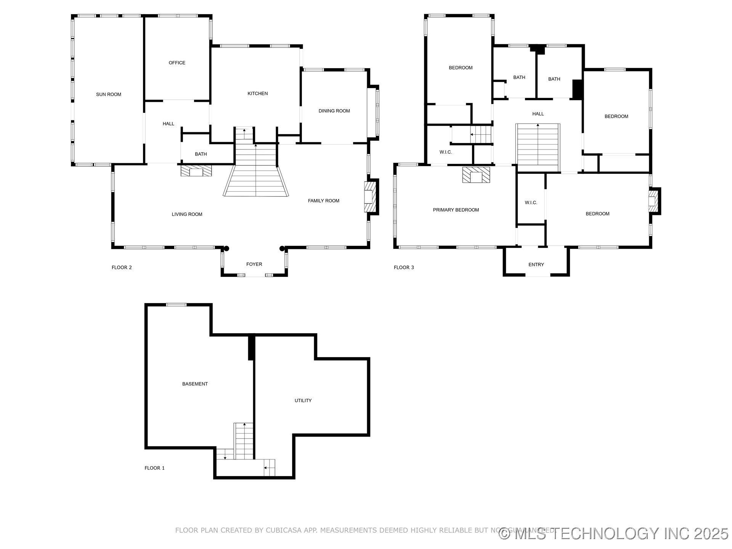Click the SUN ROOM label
pos(109,95)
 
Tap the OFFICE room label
pos(177,63)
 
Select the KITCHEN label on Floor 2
pos(258,93)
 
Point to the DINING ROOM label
pos(334,111)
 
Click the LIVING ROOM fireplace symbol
pos(196,171)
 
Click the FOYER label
pos(254,264)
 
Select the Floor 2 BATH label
pos(201,154)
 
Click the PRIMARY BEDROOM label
pos(456,210)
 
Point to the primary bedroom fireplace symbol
pos(476,175)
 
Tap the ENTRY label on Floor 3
pos(536,265)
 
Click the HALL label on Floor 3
pos(538,114)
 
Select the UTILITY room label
pos(303,401)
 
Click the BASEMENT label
pos(195,384)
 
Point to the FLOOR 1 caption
pos(154,468)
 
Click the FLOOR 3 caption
pos(404,268)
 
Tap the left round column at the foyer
pos(226,249)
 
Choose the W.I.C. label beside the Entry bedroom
pos(531,203)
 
